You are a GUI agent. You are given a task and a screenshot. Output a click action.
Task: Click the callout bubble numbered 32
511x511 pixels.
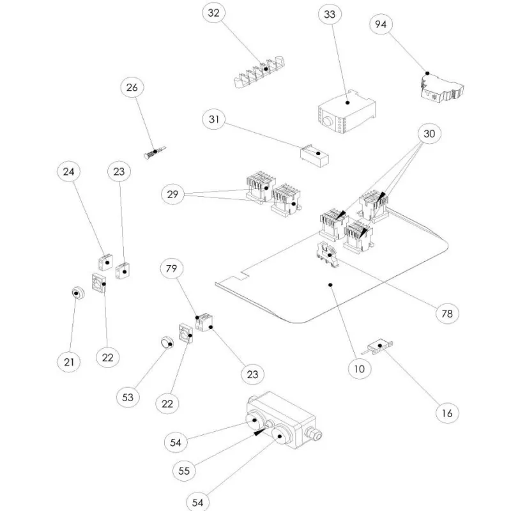[213, 13]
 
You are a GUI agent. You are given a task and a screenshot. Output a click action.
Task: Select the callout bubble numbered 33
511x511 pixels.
[330, 15]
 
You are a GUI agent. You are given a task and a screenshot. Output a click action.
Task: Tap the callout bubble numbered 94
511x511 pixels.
[381, 24]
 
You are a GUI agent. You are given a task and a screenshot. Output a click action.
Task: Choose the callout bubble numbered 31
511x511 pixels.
[214, 119]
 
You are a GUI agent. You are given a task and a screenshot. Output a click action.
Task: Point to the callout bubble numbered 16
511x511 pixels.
[447, 413]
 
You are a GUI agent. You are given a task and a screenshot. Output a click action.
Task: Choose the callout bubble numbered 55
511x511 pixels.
[184, 471]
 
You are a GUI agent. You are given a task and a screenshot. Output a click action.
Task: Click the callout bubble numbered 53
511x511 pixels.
[128, 397]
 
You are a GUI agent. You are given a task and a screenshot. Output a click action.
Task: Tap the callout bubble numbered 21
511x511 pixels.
[68, 362]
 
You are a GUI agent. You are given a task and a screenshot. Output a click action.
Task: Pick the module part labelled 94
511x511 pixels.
[441, 88]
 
